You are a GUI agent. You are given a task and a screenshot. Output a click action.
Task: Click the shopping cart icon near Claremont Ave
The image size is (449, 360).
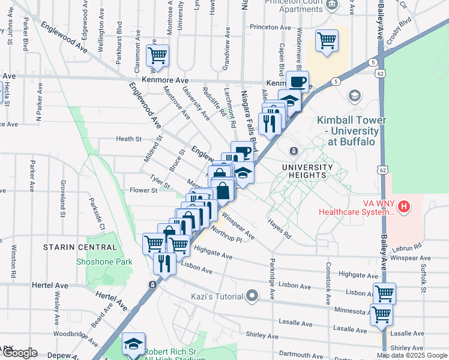(157, 56)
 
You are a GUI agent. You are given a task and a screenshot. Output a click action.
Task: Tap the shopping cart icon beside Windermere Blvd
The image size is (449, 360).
(327, 41)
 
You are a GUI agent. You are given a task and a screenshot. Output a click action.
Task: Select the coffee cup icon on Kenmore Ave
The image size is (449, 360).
(298, 81)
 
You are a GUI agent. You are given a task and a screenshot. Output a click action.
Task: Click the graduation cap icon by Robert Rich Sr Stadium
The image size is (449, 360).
(133, 344)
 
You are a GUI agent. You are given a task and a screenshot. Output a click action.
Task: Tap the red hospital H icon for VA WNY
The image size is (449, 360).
(405, 207)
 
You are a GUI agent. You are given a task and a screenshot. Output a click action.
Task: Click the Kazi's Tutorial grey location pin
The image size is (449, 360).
(252, 296)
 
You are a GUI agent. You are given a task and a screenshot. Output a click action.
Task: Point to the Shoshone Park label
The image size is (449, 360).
(104, 262)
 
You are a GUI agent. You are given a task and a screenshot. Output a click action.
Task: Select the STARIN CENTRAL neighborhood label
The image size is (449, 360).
(80, 247)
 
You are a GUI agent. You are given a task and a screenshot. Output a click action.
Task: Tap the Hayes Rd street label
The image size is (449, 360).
(280, 228)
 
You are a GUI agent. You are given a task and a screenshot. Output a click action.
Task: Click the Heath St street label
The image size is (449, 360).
(128, 139)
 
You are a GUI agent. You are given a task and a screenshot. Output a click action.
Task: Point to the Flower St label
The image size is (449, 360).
(143, 190)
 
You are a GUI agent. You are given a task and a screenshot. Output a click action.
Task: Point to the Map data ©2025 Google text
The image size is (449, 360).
(412, 355)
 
